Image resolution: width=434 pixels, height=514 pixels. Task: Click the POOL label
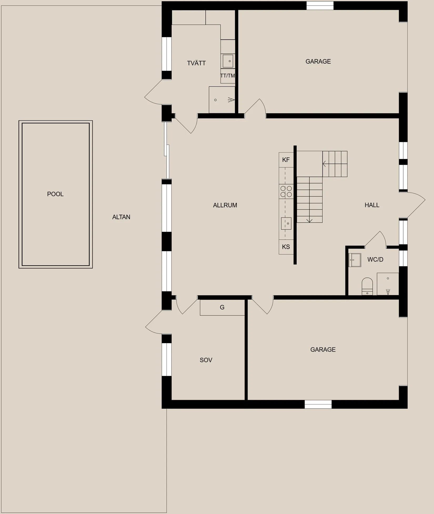[55, 194]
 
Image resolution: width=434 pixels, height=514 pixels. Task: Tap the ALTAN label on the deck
[121, 217]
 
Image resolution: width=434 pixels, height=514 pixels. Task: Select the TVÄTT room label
[196, 63]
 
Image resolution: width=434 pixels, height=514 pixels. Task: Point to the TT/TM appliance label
[228, 76]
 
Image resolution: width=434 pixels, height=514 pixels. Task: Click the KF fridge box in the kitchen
[286, 160]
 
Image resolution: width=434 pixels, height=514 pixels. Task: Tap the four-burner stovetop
[286, 191]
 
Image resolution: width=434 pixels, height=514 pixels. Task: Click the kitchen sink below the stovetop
[286, 223]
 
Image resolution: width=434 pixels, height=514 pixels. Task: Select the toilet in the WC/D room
[367, 286]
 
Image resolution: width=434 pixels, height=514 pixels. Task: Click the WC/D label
[375, 260]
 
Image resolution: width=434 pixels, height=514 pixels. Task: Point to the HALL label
[372, 205]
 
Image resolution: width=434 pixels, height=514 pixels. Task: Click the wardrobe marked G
[222, 307]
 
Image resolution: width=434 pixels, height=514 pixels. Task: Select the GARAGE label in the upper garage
[318, 61]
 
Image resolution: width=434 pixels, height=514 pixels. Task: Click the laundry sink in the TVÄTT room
[228, 61]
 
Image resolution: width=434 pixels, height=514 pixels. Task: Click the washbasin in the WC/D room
[354, 260]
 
